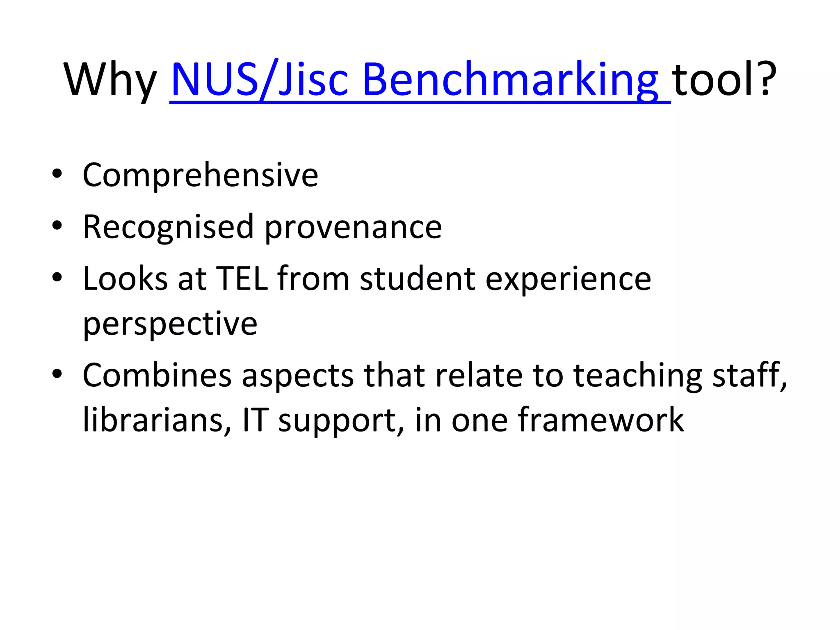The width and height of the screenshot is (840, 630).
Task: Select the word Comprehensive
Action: click(200, 175)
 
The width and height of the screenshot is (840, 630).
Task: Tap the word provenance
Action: click(353, 228)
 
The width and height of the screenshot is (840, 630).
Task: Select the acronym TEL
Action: click(242, 279)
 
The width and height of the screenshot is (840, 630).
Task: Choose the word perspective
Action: click(170, 324)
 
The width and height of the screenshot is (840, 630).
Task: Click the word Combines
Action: click(157, 375)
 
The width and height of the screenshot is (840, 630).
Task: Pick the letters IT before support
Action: click(255, 420)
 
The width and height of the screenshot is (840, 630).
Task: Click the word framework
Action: click(601, 420)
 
